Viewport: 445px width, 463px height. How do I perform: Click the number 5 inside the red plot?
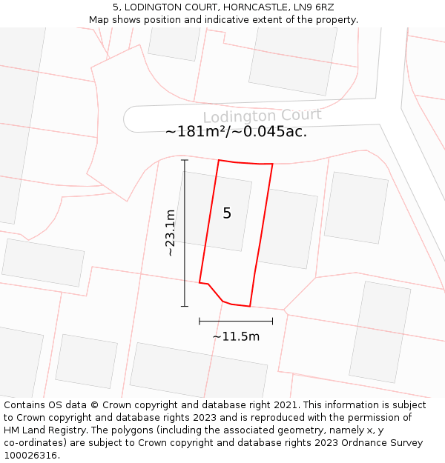(x=227, y=213)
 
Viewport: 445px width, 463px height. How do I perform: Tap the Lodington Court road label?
(x=262, y=116)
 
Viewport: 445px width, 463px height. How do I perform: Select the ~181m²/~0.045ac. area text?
(x=236, y=132)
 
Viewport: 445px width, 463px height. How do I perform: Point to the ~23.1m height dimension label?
(x=171, y=233)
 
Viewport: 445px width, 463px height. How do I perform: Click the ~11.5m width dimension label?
(x=236, y=336)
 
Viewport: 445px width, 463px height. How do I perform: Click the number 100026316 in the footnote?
(x=30, y=456)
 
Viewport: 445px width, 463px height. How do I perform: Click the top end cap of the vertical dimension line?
(x=185, y=160)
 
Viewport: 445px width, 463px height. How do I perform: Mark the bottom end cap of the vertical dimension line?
(x=185, y=306)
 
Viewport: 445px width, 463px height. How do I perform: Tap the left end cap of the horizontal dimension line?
(x=200, y=321)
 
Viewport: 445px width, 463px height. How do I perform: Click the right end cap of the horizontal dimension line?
(x=272, y=321)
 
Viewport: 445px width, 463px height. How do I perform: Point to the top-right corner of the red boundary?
(x=272, y=164)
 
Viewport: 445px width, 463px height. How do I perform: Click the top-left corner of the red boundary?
(x=218, y=160)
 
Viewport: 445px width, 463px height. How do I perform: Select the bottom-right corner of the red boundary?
(x=250, y=306)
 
